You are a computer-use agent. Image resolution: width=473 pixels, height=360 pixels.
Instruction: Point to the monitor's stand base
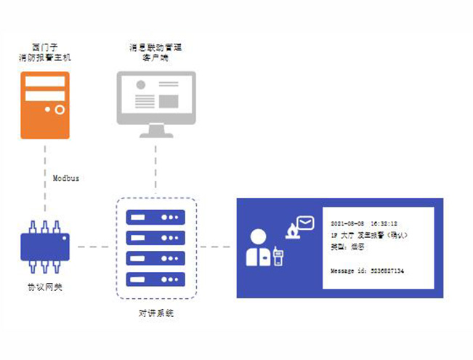(156, 135)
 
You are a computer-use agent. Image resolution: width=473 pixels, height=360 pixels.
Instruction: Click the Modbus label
(66, 178)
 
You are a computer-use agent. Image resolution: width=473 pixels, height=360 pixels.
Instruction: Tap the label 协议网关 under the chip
(45, 287)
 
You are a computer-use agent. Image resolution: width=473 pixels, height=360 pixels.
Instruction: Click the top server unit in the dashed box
(156, 217)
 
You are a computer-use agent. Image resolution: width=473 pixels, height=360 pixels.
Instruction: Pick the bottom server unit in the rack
(156, 278)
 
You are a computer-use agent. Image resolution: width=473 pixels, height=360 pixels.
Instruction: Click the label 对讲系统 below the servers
(156, 313)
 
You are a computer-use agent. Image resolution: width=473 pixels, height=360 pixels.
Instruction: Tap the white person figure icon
(256, 248)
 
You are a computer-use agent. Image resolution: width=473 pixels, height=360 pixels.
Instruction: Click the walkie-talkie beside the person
(278, 256)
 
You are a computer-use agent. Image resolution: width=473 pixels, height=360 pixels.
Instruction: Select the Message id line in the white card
(367, 271)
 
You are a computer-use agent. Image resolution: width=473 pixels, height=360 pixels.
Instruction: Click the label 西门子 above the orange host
(45, 45)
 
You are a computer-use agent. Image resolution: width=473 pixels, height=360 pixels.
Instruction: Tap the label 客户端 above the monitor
(156, 57)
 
